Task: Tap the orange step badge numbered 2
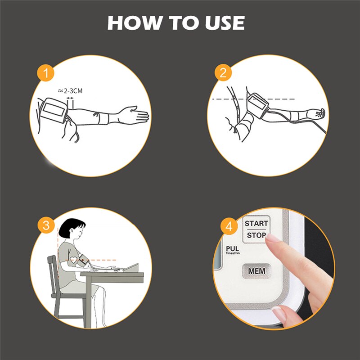point(223,72)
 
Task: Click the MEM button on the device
point(256,271)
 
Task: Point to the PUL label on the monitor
point(232,248)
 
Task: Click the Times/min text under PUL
point(233,254)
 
